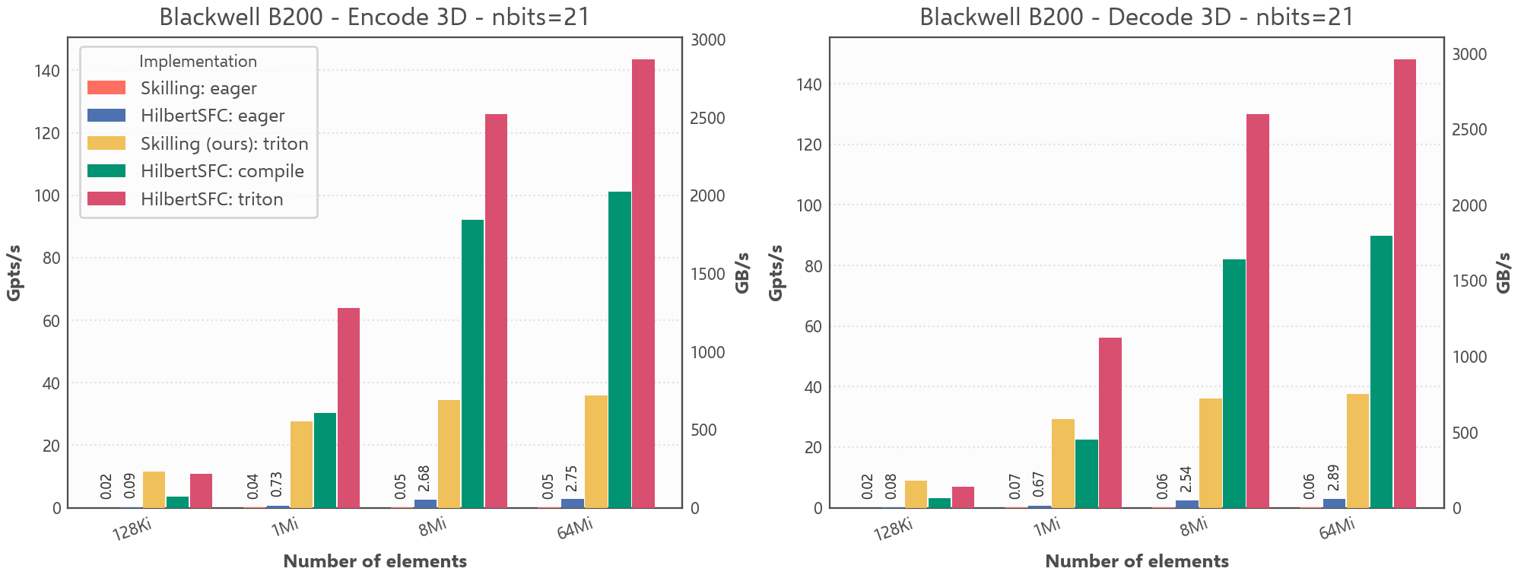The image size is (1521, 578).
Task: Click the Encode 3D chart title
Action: click(x=374, y=17)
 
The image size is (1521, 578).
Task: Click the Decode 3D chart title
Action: click(x=1136, y=17)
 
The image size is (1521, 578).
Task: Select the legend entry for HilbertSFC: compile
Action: click(x=222, y=171)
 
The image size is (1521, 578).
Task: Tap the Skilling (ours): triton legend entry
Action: click(x=224, y=144)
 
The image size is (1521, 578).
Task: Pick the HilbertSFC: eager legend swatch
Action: click(x=106, y=116)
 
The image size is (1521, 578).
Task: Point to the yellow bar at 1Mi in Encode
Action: click(x=301, y=464)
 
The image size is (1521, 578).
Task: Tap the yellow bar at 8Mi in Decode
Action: click(x=1211, y=453)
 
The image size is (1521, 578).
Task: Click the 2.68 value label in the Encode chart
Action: click(x=424, y=478)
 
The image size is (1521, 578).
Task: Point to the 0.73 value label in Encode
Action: click(x=277, y=484)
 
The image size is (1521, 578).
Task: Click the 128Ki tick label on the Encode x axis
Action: click(x=132, y=529)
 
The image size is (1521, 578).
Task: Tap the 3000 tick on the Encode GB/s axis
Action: click(x=708, y=40)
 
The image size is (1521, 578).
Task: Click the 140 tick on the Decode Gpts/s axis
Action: click(x=808, y=84)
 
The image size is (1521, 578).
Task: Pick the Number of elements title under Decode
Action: click(x=1136, y=561)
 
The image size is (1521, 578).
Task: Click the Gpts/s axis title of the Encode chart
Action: click(x=14, y=273)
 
